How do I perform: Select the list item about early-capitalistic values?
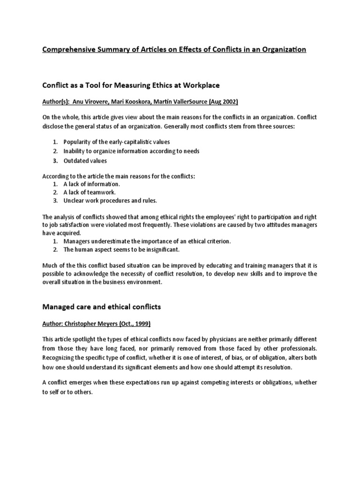point(117,142)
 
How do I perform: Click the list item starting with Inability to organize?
point(125,151)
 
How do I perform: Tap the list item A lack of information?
point(89,184)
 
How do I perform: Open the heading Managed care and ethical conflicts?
point(102,307)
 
